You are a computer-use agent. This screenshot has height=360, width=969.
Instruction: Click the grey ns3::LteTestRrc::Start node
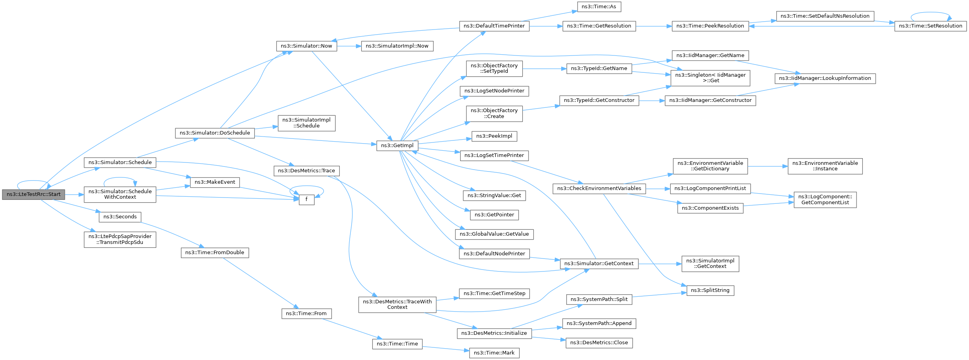coord(33,194)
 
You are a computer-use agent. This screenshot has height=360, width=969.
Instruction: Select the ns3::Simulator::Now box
coord(306,46)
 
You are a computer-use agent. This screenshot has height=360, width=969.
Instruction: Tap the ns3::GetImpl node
coord(397,146)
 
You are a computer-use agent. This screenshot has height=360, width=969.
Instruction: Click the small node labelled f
coord(306,199)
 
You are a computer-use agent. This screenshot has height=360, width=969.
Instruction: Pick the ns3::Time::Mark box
coord(494,353)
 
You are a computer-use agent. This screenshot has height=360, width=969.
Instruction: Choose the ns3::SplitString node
coord(710,290)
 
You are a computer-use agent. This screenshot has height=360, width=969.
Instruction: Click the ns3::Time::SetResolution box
coord(930,26)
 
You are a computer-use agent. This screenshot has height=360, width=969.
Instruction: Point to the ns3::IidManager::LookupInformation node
coord(825,78)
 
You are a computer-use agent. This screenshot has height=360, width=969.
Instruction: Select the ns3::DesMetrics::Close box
coord(599,343)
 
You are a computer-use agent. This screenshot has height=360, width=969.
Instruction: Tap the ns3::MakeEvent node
coord(215,182)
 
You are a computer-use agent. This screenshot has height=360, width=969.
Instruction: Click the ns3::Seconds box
coord(120,217)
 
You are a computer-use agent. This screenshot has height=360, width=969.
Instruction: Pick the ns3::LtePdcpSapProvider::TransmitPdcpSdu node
coord(120,239)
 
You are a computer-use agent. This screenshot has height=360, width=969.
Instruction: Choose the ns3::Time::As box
coord(599,7)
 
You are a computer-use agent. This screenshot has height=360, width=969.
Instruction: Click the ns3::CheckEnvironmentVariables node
coord(599,188)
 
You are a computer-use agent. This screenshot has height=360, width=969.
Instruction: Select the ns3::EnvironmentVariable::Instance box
coord(825,166)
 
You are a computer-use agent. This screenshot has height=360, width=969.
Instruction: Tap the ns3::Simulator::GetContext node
coord(599,264)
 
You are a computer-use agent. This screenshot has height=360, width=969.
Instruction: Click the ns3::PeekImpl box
coord(494,136)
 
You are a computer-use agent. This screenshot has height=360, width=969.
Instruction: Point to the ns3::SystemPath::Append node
coord(599,323)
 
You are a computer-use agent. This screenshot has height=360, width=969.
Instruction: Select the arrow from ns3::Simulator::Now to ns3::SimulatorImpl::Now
coord(349,46)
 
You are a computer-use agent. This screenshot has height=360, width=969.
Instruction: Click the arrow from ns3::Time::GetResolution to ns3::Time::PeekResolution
coord(654,26)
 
